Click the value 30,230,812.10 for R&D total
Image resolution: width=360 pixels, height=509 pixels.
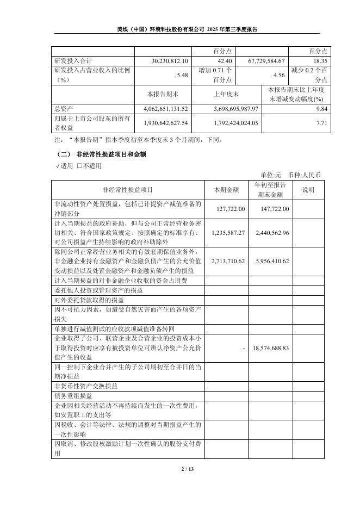pyautogui.click(x=172, y=61)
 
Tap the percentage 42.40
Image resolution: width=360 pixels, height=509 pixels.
pyautogui.click(x=224, y=61)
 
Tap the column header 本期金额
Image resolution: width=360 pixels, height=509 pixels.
pyautogui.click(x=226, y=190)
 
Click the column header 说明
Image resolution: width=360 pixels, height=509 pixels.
pyautogui.click(x=308, y=190)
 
